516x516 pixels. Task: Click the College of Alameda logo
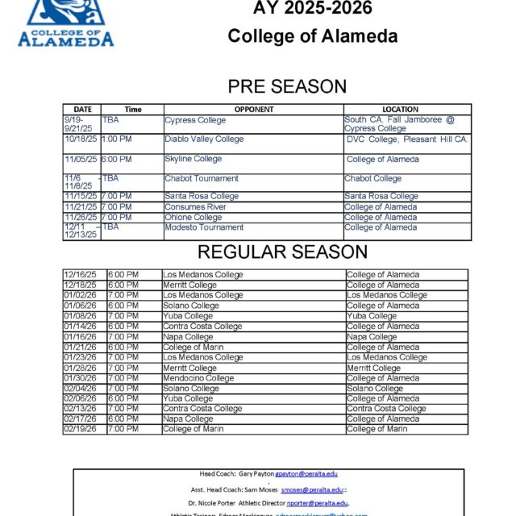[66, 23]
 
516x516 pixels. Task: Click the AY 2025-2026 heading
[301, 9]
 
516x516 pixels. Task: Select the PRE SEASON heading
[287, 87]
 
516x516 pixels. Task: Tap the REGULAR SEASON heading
[282, 252]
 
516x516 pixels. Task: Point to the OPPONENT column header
[254, 109]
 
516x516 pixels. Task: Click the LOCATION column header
[401, 109]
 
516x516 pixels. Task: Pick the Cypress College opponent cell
[195, 120]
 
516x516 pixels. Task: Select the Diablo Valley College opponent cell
[204, 139]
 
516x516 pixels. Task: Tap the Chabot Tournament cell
[202, 178]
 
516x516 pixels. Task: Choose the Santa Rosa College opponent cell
[202, 196]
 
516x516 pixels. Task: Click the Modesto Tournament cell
[204, 227]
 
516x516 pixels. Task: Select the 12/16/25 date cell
[80, 275]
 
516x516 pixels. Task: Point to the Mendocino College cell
[198, 378]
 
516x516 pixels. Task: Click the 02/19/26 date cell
[80, 429]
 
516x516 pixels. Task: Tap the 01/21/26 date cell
[80, 347]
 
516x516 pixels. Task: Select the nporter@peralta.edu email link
[316, 502]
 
